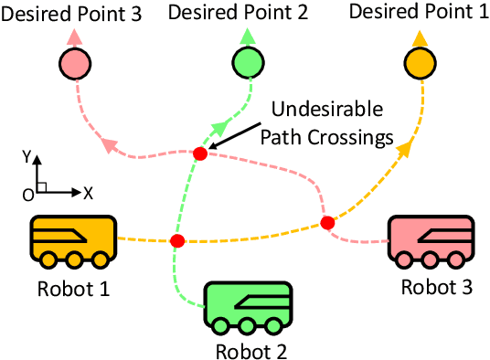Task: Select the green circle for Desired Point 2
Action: click(x=247, y=64)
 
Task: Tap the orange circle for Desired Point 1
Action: click(x=419, y=64)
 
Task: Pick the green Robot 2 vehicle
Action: click(x=244, y=307)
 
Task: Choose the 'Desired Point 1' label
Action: click(x=419, y=13)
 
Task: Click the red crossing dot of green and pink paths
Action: click(x=200, y=154)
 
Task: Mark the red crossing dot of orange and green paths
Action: click(x=177, y=240)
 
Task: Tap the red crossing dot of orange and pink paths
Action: click(x=327, y=222)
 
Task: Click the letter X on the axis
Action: click(x=88, y=194)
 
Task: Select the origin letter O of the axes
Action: click(x=28, y=195)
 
